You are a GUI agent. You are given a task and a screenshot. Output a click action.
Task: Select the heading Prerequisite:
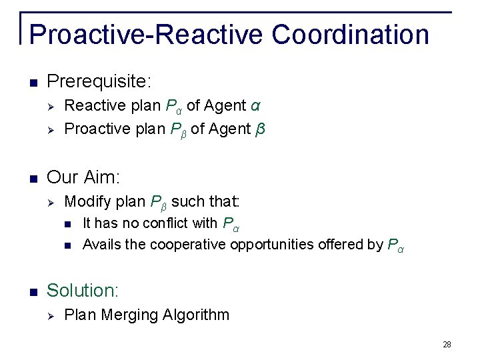tap(100, 83)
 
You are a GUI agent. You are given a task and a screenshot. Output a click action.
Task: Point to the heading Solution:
tap(83, 291)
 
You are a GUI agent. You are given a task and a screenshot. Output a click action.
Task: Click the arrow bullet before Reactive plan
tap(51, 107)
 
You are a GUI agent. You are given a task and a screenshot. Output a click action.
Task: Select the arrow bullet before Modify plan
tap(51, 201)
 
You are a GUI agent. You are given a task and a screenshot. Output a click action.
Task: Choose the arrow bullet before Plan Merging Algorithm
tap(51, 315)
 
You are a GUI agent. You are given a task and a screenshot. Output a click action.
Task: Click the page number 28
tap(447, 345)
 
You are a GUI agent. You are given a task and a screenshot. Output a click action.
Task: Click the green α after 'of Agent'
tap(256, 106)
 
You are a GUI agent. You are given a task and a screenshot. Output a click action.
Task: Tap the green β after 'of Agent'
tap(260, 128)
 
